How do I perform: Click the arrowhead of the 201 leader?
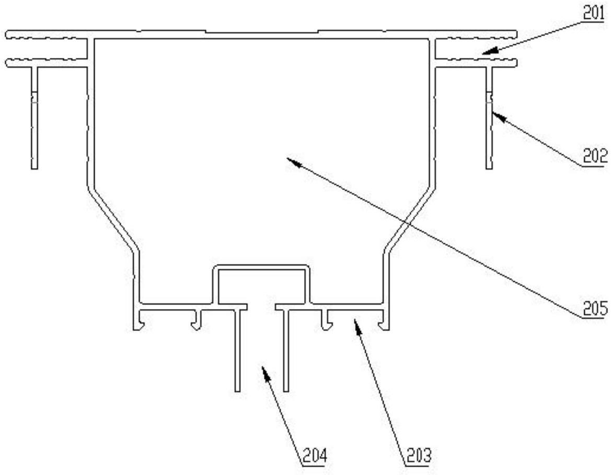(x=484, y=52)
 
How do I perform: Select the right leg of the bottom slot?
(x=285, y=350)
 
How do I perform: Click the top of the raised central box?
(x=261, y=268)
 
